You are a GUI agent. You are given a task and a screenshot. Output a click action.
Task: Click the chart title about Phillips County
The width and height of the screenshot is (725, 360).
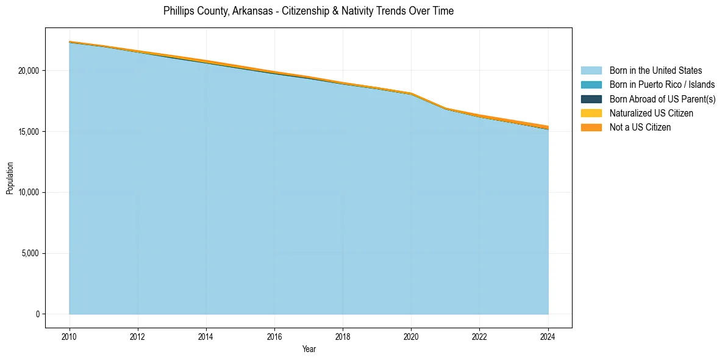pyautogui.click(x=309, y=11)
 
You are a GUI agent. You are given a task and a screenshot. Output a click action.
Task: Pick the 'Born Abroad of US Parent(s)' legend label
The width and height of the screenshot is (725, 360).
pyautogui.click(x=662, y=99)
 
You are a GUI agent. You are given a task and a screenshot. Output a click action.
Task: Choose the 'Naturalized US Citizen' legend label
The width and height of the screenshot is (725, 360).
pyautogui.click(x=651, y=113)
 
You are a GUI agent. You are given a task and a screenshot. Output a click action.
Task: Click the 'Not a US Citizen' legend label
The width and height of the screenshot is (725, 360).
pyautogui.click(x=640, y=128)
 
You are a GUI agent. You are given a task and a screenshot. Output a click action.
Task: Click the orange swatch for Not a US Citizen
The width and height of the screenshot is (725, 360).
pyautogui.click(x=591, y=128)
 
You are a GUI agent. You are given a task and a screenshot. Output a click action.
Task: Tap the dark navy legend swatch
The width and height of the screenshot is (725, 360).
pyautogui.click(x=591, y=99)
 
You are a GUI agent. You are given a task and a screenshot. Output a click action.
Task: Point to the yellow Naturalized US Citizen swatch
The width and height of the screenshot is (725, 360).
pyautogui.click(x=591, y=113)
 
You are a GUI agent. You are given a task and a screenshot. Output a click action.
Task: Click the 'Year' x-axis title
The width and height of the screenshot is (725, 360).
pyautogui.click(x=309, y=349)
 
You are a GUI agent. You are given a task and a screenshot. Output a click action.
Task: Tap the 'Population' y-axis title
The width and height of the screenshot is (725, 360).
pyautogui.click(x=10, y=178)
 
